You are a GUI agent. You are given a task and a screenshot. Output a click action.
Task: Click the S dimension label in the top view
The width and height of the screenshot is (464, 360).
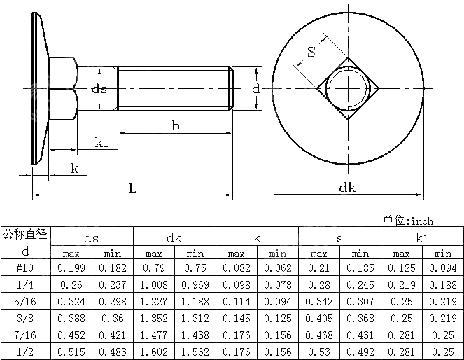(x=311, y=52)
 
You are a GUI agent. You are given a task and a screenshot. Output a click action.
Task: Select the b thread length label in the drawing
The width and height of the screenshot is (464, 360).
(x=175, y=125)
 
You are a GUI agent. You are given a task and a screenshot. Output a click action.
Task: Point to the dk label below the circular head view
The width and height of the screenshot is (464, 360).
(x=347, y=187)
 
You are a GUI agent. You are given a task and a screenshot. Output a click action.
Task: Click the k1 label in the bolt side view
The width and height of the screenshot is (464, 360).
(x=101, y=143)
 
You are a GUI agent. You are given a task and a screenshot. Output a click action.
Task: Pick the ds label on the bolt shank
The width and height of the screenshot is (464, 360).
(x=100, y=89)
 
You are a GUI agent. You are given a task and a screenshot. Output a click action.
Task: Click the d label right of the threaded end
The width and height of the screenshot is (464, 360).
(x=256, y=88)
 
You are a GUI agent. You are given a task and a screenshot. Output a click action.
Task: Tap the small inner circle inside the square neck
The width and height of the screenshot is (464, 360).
(x=348, y=88)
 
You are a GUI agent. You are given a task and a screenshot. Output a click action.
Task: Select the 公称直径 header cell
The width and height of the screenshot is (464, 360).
(x=25, y=234)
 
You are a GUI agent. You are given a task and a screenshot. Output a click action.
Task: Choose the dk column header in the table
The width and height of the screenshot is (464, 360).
(x=174, y=238)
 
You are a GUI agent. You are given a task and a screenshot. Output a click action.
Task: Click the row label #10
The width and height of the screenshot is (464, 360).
(x=25, y=268)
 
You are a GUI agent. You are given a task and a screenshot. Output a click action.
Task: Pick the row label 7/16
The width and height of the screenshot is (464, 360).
(x=25, y=335)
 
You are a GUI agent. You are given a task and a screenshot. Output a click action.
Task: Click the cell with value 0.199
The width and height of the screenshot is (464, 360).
(x=71, y=268)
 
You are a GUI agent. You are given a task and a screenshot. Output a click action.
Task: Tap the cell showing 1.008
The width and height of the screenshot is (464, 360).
(x=153, y=285)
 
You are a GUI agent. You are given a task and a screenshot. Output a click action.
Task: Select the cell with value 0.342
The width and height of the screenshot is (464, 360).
(x=318, y=302)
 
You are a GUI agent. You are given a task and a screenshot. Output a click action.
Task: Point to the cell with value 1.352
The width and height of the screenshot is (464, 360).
(x=153, y=319)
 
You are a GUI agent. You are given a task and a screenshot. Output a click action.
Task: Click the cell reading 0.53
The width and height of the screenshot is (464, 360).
(x=318, y=352)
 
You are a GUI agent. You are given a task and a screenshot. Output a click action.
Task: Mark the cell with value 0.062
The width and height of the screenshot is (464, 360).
(x=277, y=268)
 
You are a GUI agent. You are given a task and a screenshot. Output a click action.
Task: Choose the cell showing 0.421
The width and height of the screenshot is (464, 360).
(x=112, y=335)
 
